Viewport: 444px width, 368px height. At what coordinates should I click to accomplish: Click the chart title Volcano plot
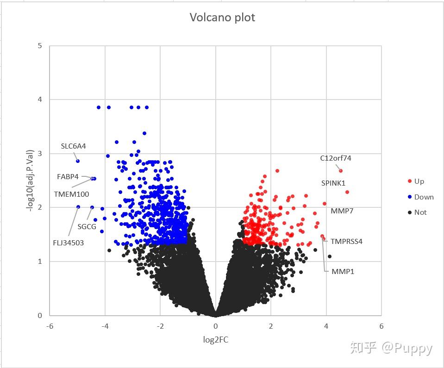pos(222,18)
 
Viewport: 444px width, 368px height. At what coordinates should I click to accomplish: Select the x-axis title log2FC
pos(216,340)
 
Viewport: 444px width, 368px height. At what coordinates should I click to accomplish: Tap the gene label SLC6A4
pos(74,146)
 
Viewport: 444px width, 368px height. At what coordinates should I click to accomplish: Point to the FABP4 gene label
pos(68,177)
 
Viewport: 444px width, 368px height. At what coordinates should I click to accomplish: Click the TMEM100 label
pos(71,194)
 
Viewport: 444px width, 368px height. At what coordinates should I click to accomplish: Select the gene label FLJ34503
pos(69,243)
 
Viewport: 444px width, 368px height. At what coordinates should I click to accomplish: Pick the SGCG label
pos(87,227)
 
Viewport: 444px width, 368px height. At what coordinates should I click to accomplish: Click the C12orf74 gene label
pos(336,158)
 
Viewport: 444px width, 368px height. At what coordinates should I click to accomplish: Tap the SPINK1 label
pos(333,183)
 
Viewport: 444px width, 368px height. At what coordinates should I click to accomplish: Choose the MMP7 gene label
pos(342,211)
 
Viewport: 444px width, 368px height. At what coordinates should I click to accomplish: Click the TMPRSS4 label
pos(346,242)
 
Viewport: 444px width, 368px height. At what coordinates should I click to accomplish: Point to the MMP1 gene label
pos(343,272)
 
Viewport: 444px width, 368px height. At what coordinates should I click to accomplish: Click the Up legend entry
pos(419,181)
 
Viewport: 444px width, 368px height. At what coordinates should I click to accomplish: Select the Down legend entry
pos(424,197)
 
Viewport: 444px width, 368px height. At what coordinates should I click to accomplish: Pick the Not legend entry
pos(420,212)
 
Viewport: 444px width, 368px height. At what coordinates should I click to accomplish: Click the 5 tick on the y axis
pos(40,46)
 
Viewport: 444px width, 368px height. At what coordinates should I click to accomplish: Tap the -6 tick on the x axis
pos(50,326)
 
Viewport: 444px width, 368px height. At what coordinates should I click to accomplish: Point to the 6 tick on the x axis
pos(381,326)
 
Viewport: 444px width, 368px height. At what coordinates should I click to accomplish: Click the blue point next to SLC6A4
pos(78,161)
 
